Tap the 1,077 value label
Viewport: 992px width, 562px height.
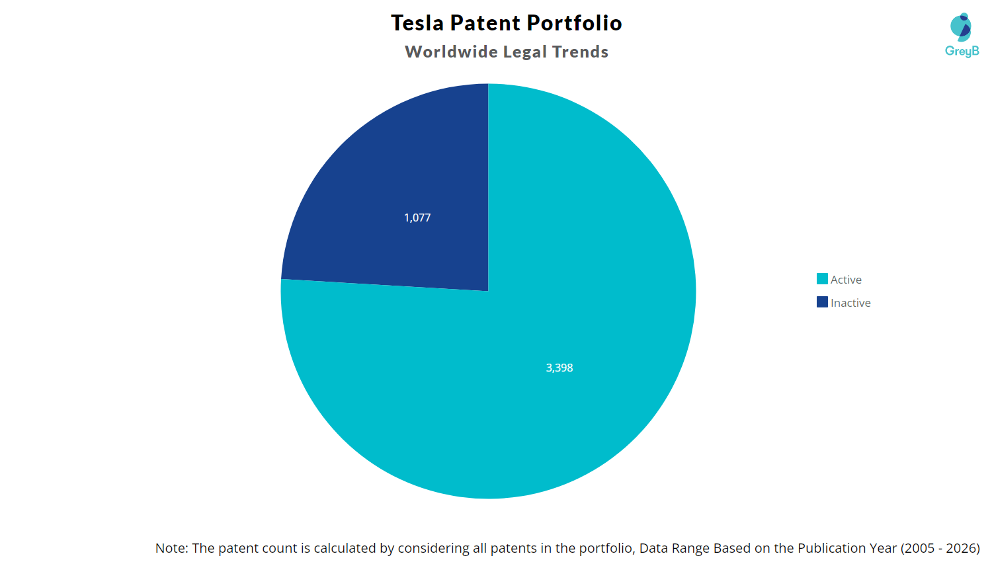[417, 218]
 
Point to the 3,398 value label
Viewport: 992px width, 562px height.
[559, 368]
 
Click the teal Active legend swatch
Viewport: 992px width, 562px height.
[822, 279]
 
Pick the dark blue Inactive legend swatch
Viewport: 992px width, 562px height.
[822, 302]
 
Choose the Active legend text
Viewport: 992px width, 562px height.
[846, 280]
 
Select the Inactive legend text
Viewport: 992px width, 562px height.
[850, 303]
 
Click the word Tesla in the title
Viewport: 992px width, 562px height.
[417, 23]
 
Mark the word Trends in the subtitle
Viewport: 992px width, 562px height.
[580, 52]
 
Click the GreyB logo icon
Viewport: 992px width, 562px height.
[961, 26]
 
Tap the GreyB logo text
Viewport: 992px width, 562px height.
[962, 51]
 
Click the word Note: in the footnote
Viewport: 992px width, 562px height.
[172, 548]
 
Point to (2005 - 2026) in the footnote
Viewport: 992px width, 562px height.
[940, 548]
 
